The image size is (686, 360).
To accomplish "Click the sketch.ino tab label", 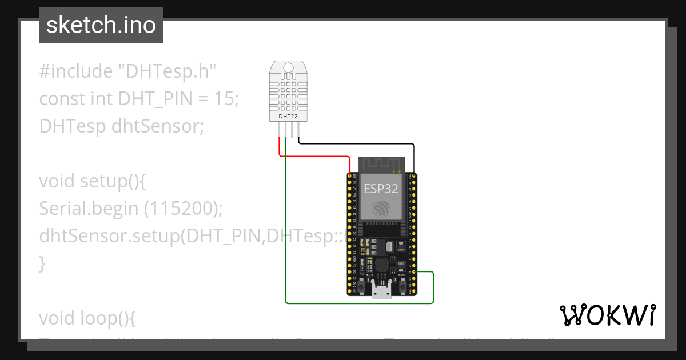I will pos(101,25).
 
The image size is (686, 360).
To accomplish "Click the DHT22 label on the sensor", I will pos(288,117).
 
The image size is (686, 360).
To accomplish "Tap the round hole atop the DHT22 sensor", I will pos(288,68).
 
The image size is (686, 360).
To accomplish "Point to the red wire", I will pos(314,156).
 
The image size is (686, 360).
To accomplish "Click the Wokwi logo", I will pos(607,315).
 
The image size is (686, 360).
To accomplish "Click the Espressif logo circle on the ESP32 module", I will pos(381,209).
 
